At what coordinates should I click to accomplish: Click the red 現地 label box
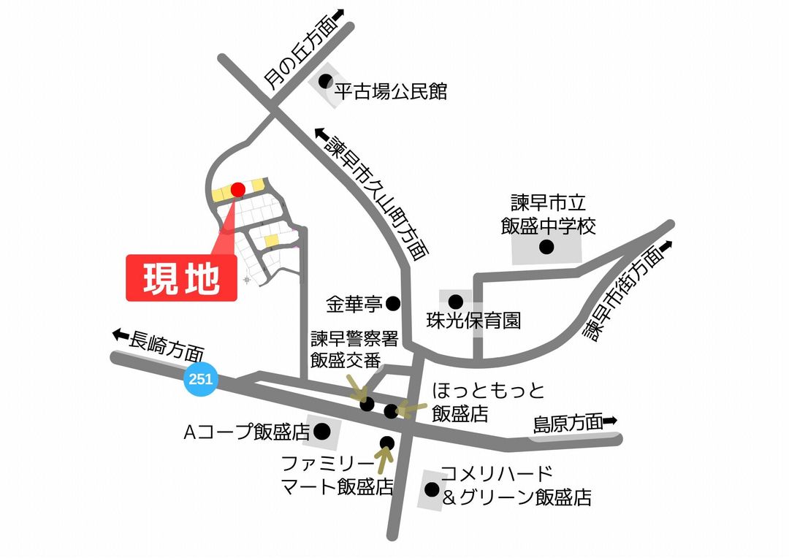tap(182, 278)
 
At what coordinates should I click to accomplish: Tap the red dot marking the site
tap(237, 190)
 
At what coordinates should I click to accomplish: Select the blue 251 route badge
tap(200, 379)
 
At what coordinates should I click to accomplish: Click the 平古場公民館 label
tap(390, 92)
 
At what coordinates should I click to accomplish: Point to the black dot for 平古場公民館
tap(324, 82)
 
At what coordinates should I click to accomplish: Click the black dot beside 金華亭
tap(393, 302)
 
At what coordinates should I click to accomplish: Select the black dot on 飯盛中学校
tap(546, 247)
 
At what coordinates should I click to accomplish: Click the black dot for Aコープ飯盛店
tap(322, 430)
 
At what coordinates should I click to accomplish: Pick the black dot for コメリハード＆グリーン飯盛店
tap(432, 489)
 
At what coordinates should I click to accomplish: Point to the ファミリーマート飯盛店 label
tap(338, 474)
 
